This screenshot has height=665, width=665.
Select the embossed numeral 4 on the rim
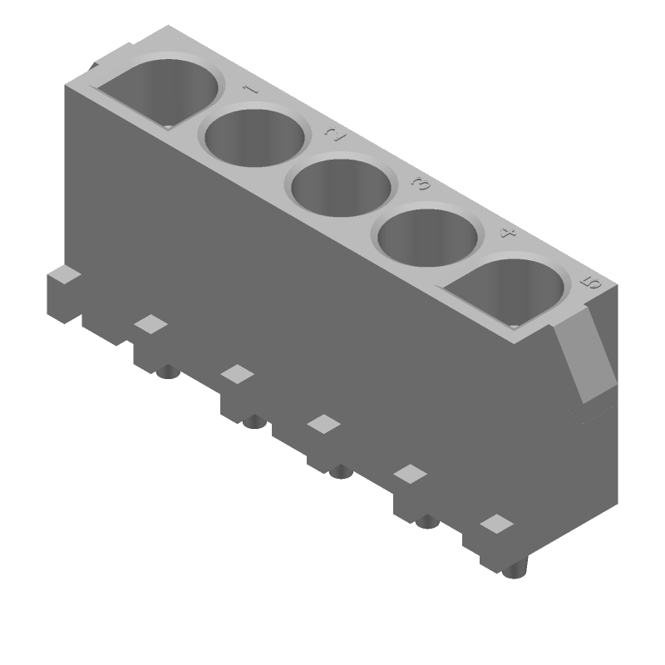pyautogui.click(x=508, y=234)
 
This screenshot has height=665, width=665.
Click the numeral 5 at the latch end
pyautogui.click(x=592, y=283)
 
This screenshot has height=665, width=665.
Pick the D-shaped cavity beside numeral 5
pyautogui.click(x=507, y=290)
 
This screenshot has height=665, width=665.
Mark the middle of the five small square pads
pyautogui.click(x=324, y=425)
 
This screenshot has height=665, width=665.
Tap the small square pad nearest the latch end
pyautogui.click(x=498, y=524)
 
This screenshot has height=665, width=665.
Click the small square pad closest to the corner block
pyautogui.click(x=150, y=325)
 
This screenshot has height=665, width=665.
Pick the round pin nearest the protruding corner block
pyautogui.click(x=165, y=370)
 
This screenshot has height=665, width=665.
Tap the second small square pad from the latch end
pyautogui.click(x=410, y=474)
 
